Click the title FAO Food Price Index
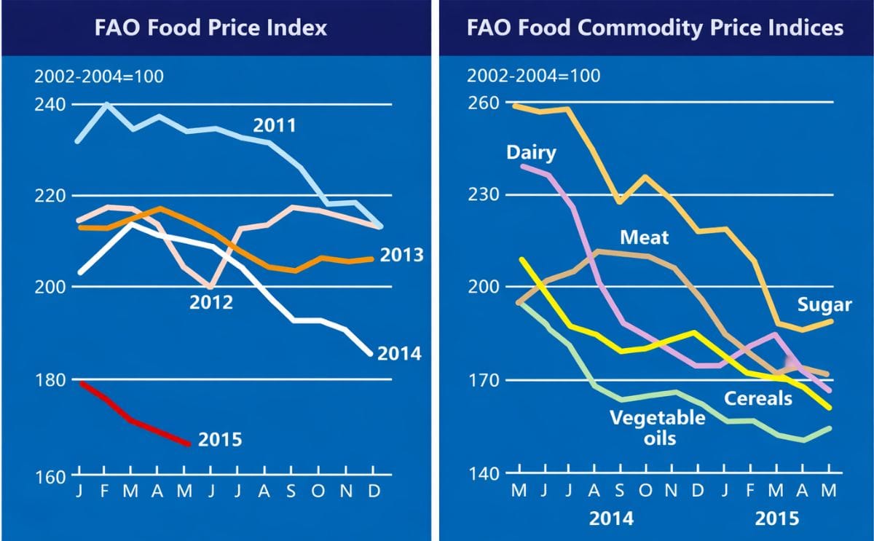click(x=211, y=28)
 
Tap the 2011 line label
click(x=275, y=125)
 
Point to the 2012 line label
click(x=212, y=301)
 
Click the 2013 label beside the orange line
click(x=401, y=256)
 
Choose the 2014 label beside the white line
click(x=400, y=354)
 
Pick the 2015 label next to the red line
click(x=220, y=440)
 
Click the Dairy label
click(x=531, y=153)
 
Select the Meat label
click(x=644, y=237)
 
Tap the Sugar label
click(x=824, y=304)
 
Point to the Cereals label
click(x=757, y=398)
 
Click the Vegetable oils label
click(x=657, y=427)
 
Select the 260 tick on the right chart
click(x=484, y=103)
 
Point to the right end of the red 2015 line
click(x=189, y=443)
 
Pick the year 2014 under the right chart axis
click(x=610, y=519)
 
